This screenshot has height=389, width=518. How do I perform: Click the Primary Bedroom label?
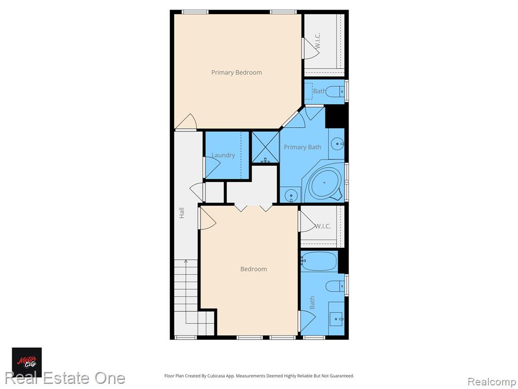coord(237,72)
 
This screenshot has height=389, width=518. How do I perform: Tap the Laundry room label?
coord(223,155)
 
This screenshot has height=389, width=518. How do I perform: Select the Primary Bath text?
coord(303,147)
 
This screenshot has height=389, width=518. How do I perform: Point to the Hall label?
coord(182,213)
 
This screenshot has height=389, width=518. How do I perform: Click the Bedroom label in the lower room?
coord(253,269)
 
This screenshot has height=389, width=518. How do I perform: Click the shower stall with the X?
coord(266,147)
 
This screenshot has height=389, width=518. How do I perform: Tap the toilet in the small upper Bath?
coord(335,91)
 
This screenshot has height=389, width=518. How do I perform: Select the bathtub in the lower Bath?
coord(319,261)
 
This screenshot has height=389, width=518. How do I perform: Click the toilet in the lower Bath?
coord(335,286)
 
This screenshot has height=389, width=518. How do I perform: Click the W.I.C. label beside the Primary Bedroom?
coord(318,41)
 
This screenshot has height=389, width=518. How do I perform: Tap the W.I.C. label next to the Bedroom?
coord(322,226)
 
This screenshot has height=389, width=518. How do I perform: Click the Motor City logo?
coord(27,362)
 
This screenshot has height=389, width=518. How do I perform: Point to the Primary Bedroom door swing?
coord(186,122)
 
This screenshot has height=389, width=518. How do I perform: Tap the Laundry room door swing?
coord(212,167)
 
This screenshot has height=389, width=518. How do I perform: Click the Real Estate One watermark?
coord(65,378)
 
